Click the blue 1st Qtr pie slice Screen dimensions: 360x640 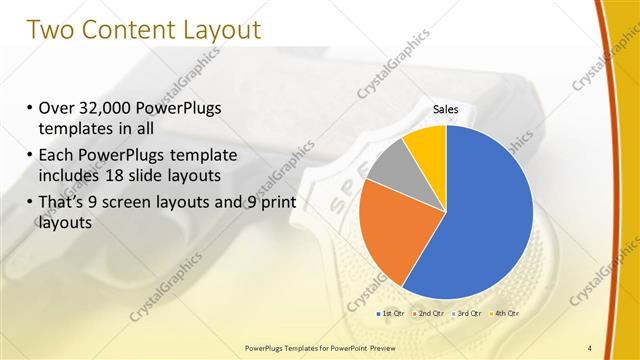(490, 210)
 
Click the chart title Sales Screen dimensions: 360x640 (446, 108)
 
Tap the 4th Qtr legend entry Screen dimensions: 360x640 (505, 313)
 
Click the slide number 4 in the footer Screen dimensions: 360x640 (590, 347)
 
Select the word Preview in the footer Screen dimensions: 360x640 (397, 348)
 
